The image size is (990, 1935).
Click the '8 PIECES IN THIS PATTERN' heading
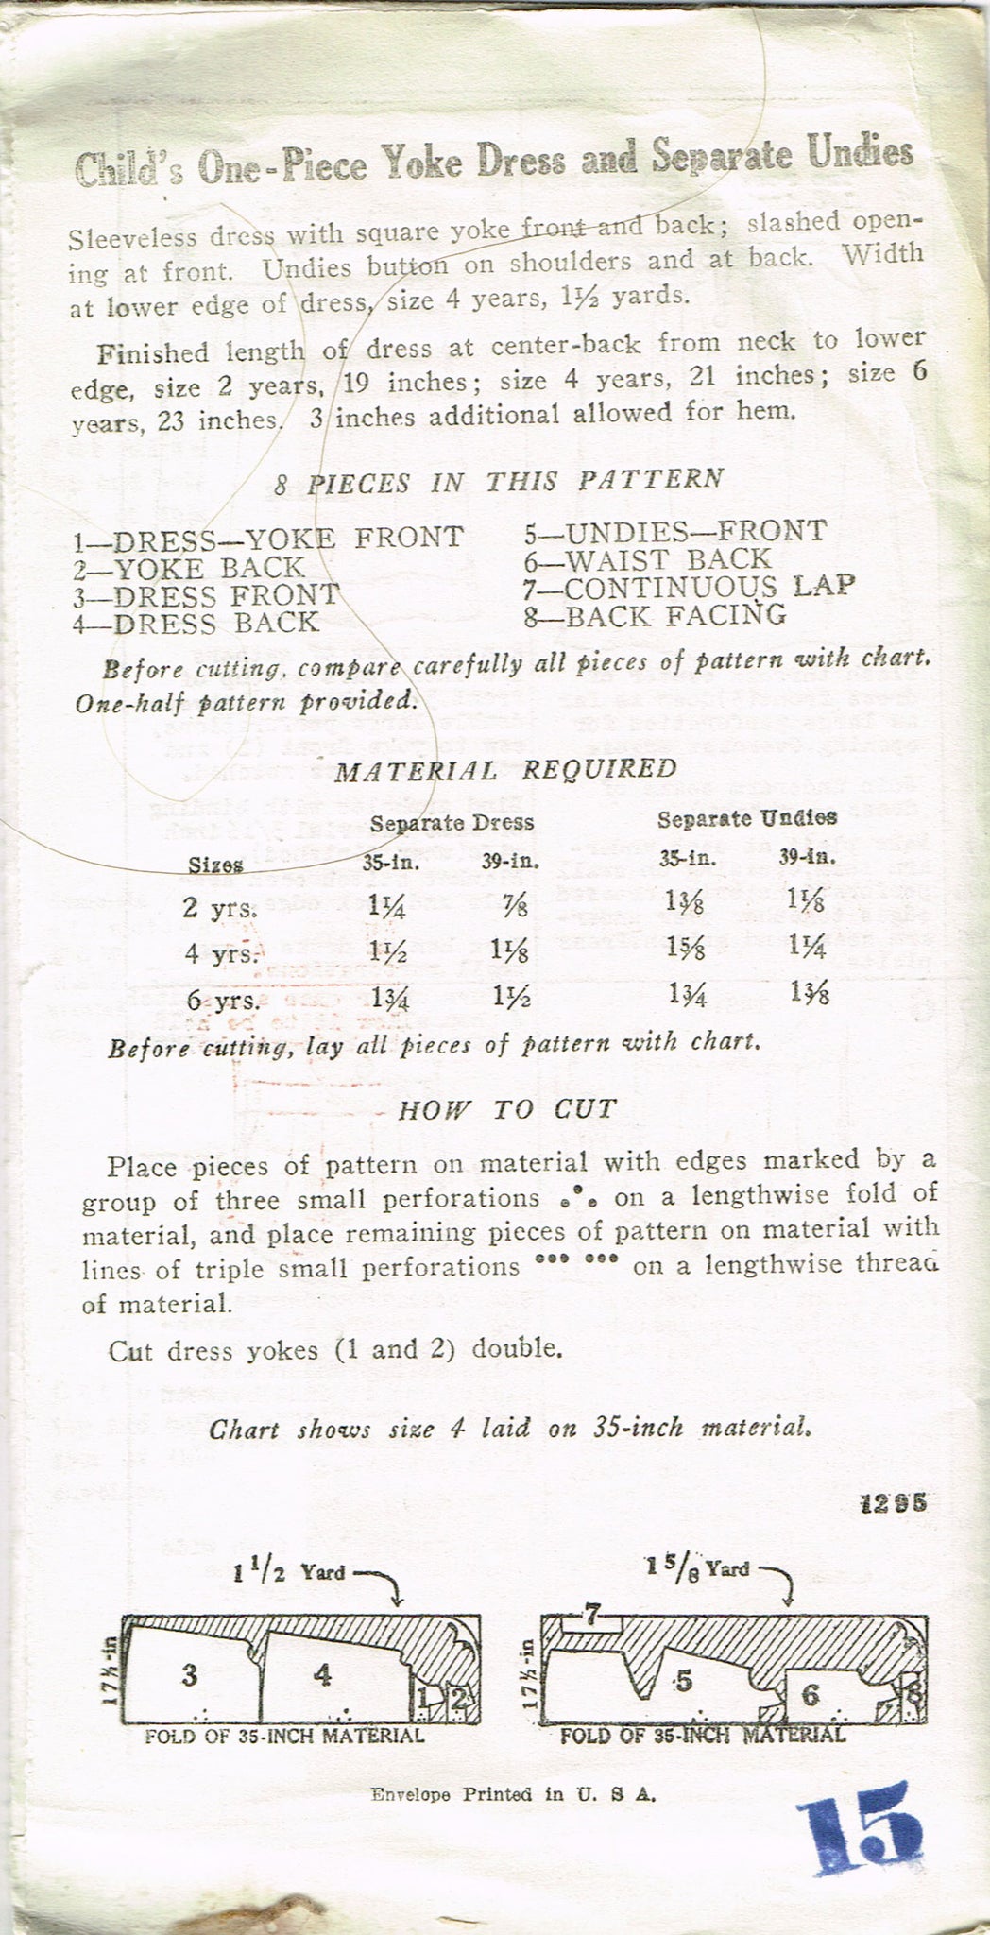coord(499,480)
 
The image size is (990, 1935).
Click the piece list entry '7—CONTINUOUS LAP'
coord(689,587)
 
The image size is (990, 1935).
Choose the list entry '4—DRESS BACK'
coord(196,623)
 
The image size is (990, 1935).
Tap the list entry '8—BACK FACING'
coord(655,615)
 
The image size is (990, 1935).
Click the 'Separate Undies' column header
coord(746,816)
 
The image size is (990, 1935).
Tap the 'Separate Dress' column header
coord(452,822)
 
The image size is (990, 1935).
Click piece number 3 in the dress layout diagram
coord(191,1676)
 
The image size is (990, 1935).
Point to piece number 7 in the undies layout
coord(590,1618)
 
